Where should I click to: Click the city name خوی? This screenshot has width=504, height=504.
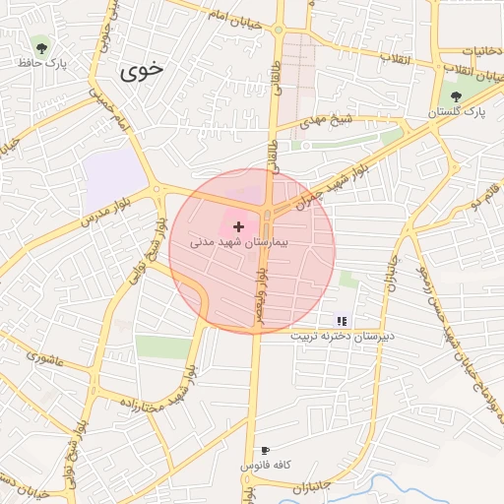click(x=143, y=71)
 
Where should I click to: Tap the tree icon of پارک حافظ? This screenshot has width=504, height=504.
click(x=39, y=45)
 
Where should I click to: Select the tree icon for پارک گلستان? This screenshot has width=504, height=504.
click(x=456, y=95)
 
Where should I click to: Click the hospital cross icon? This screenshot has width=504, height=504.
click(x=238, y=226)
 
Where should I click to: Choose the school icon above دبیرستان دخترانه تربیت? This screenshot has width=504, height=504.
click(x=342, y=320)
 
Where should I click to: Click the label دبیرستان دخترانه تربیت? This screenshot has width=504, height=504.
click(x=342, y=336)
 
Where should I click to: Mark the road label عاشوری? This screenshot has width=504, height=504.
click(x=46, y=354)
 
